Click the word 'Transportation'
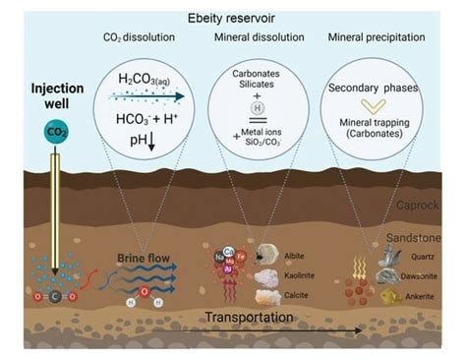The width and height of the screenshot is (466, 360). tap(249, 318)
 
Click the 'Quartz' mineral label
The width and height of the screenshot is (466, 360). tap(421, 259)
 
